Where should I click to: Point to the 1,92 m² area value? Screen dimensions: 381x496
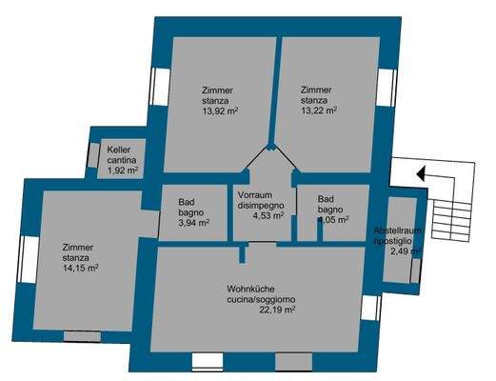tap(123, 170)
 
